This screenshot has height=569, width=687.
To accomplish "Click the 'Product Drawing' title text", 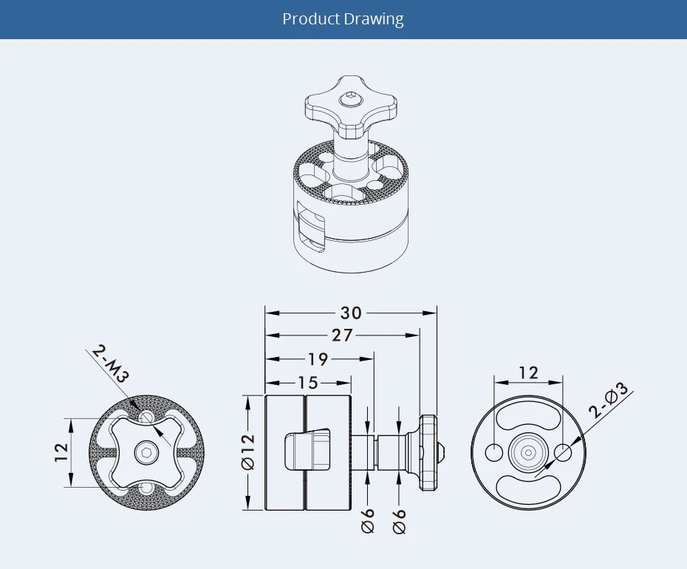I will (343, 19).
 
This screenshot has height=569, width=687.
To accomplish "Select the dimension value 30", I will (351, 313).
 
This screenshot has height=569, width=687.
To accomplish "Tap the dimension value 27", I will (342, 335).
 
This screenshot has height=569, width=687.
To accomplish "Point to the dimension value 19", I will (318, 359).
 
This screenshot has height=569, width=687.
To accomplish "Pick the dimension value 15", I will (308, 383).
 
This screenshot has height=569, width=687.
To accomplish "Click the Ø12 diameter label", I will (248, 452).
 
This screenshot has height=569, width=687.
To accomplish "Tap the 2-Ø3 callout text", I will (609, 400).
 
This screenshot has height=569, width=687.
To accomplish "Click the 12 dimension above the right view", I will (528, 372).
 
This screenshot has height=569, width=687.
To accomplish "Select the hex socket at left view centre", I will (147, 452).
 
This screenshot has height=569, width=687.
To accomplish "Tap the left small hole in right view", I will (493, 452).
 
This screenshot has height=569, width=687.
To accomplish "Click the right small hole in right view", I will (563, 452).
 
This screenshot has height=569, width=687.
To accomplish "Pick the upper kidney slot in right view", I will (528, 418).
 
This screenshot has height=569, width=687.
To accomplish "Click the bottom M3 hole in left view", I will (147, 488).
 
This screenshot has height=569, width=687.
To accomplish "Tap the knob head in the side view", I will (429, 452).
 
